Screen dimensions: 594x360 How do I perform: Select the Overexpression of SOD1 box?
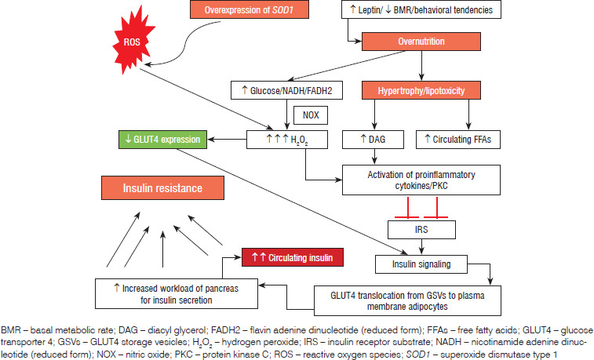point(250,10)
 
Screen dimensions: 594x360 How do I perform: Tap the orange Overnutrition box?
point(421,42)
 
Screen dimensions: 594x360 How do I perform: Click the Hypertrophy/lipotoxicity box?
point(421,91)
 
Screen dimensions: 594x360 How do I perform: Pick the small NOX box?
point(311,115)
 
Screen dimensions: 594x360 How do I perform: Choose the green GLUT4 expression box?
point(163,140)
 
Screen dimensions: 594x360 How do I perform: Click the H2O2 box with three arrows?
point(287,140)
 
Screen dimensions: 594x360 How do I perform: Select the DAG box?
point(374,140)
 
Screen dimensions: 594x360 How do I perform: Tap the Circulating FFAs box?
point(458,140)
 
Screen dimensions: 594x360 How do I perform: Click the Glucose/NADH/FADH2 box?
point(286,90)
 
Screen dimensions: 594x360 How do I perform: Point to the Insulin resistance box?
point(163,188)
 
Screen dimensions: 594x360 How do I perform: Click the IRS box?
point(421,230)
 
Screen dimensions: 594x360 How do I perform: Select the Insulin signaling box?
point(421,264)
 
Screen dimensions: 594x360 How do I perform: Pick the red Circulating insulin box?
point(293,257)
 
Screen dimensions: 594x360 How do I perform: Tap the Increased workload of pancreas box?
point(177,294)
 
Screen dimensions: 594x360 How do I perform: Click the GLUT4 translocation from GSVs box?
point(407,301)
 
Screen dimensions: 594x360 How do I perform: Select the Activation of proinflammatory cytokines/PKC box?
point(421,180)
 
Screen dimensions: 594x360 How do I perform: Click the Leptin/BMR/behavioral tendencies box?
point(421,10)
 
